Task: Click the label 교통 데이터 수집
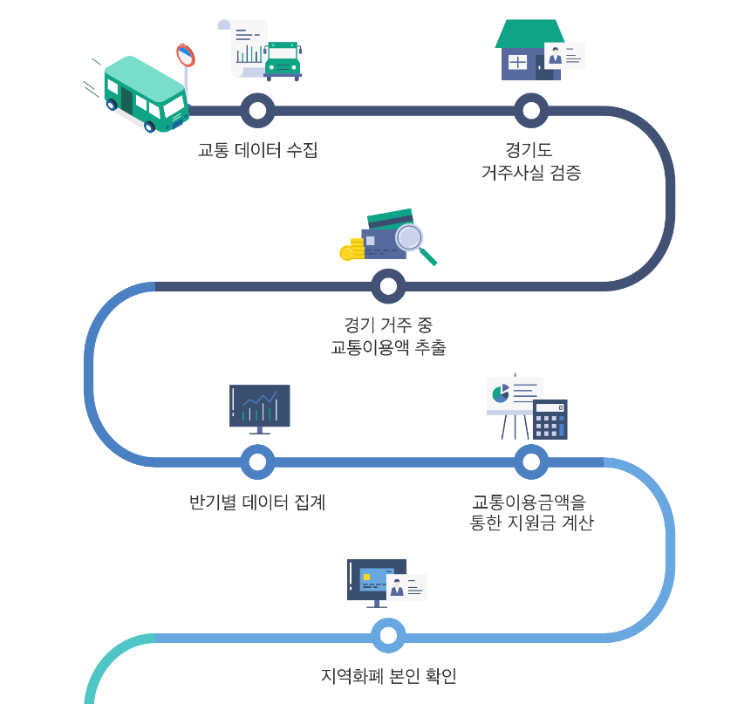point(257,150)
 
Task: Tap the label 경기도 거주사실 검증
point(530,161)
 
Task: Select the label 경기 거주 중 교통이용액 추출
point(388,337)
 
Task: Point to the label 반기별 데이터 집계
point(257,502)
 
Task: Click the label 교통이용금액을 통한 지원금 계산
point(530,513)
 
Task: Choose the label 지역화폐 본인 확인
point(388,676)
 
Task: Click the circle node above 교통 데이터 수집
point(257,111)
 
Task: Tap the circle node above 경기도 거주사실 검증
point(530,111)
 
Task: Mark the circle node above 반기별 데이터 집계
point(257,462)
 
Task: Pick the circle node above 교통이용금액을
point(530,462)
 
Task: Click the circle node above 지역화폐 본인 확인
point(388,636)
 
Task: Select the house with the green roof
point(529,50)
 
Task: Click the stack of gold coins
point(351,249)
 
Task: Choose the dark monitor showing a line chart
point(259,406)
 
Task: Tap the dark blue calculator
point(550,420)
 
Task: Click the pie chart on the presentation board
point(501,393)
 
